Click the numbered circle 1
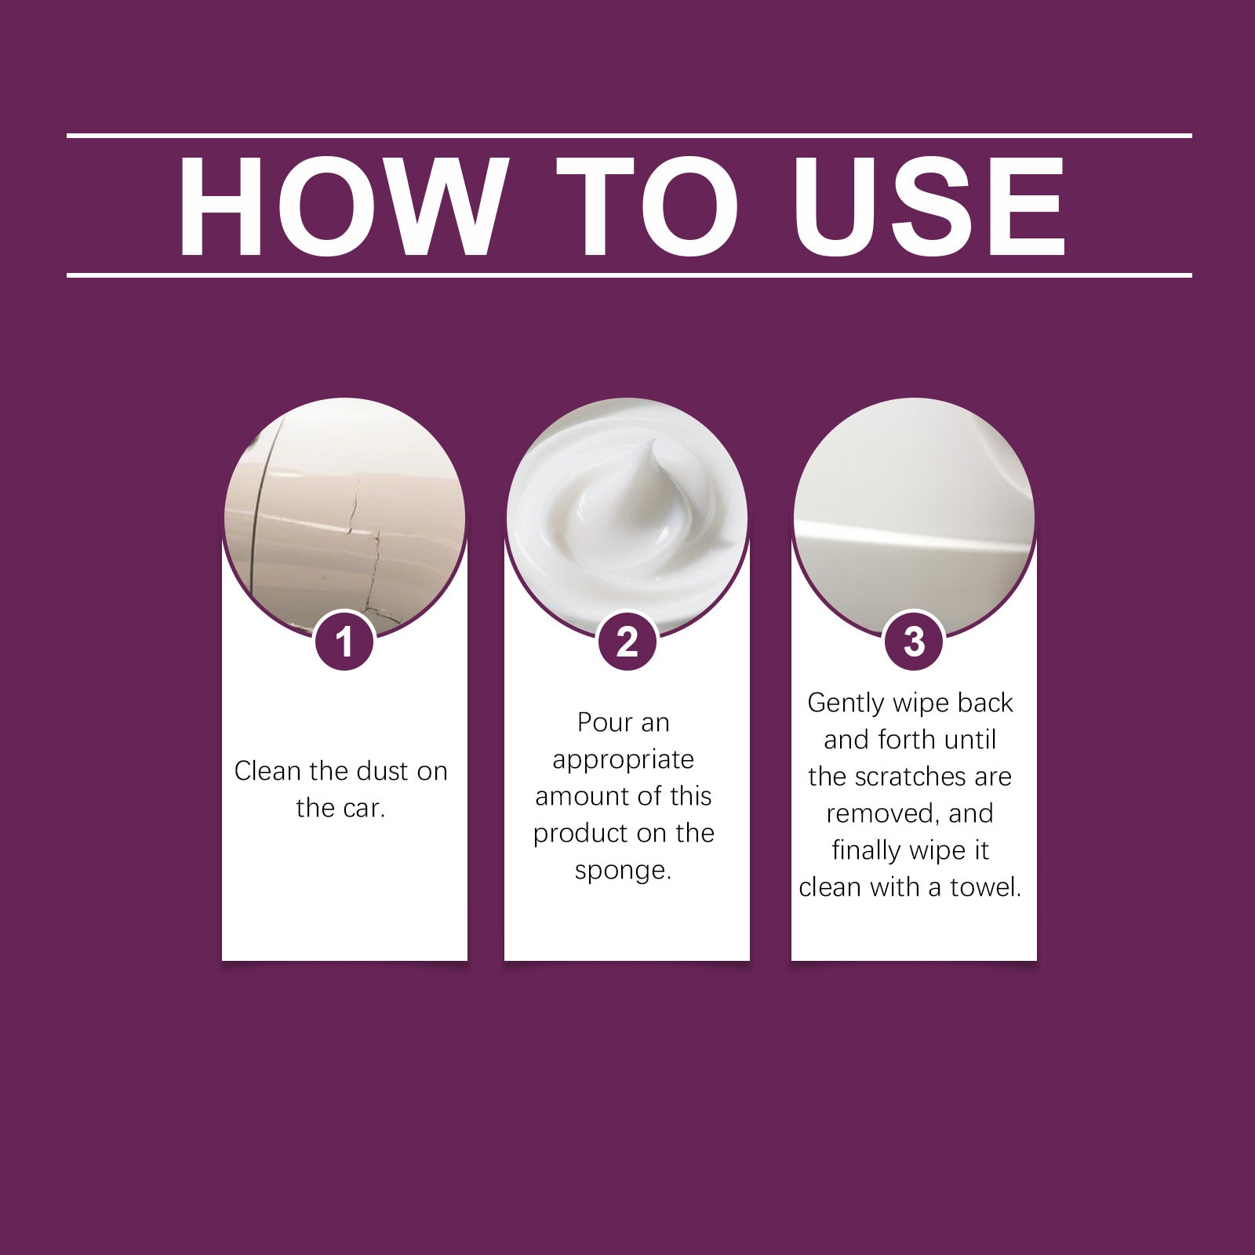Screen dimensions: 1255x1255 pyautogui.click(x=344, y=642)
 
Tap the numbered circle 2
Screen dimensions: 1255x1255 pyautogui.click(x=627, y=642)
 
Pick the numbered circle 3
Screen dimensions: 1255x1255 pyautogui.click(x=914, y=642)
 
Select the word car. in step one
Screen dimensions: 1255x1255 pyautogui.click(x=363, y=808)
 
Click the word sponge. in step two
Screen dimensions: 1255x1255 pyautogui.click(x=623, y=871)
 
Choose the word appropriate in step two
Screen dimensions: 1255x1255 pyautogui.click(x=623, y=760)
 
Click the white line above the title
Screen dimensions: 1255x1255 pyautogui.click(x=627, y=136)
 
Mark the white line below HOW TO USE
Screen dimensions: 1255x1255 pyautogui.click(x=627, y=275)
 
